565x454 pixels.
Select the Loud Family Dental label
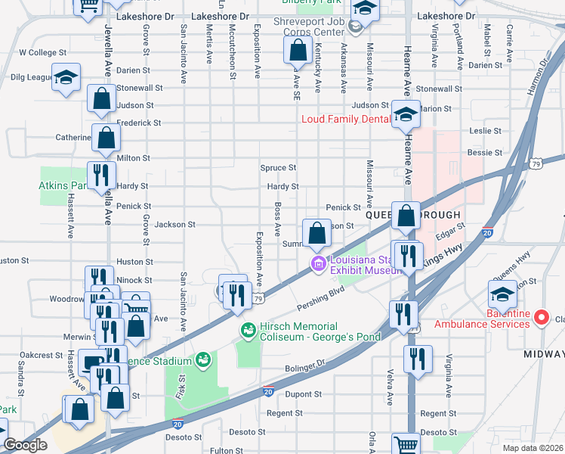click(x=344, y=119)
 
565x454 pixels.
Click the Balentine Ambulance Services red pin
click(x=541, y=318)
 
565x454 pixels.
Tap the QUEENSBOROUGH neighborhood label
click(x=385, y=215)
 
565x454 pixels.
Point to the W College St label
click(x=43, y=53)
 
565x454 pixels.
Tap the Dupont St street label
click(x=304, y=394)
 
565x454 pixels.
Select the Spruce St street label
click(x=278, y=168)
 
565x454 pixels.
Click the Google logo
click(x=25, y=444)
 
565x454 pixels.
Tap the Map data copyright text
click(x=533, y=448)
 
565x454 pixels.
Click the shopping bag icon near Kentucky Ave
click(x=298, y=51)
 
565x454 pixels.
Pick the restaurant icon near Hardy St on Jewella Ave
click(x=101, y=176)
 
